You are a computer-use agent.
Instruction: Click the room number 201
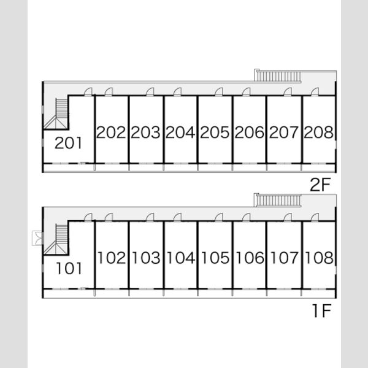[69, 143]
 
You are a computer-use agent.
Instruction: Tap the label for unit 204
[180, 132]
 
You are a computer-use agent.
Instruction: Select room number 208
[318, 132]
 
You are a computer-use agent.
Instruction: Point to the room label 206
[249, 132]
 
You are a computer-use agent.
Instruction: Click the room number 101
[69, 269]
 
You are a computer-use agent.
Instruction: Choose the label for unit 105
[215, 258]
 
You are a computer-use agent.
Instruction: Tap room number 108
[319, 258]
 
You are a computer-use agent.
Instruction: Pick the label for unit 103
[146, 258]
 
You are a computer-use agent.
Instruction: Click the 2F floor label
[320, 185]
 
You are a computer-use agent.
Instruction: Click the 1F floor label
[321, 310]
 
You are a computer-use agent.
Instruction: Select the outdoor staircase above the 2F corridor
[278, 75]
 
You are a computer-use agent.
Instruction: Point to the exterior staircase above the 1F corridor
[278, 200]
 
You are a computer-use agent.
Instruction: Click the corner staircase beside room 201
[58, 114]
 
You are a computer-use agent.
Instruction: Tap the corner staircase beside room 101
[58, 240]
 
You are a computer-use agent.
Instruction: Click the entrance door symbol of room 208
[315, 92]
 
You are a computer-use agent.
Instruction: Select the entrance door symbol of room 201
[88, 92]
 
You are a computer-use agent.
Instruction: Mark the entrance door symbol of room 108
[315, 217]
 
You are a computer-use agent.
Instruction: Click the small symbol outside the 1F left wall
[37, 238]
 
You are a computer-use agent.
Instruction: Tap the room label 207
[284, 132]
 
